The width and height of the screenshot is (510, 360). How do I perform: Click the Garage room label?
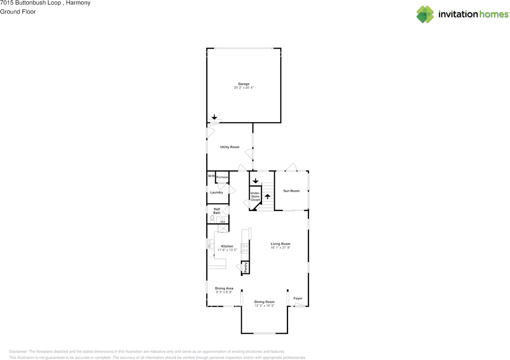(243, 84)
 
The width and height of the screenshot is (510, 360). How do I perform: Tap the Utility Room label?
(230, 147)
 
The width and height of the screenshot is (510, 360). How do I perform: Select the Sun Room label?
(291, 191)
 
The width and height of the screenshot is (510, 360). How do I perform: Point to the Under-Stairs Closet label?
(255, 197)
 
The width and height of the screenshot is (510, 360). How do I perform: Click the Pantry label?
(245, 267)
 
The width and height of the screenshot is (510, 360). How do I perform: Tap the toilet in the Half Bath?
(212, 219)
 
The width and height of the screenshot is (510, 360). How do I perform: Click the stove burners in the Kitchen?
(245, 248)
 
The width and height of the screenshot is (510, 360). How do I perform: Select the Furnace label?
(222, 177)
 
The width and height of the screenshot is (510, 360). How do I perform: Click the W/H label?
(211, 176)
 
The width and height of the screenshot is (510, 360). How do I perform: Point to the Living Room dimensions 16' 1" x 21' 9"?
(280, 248)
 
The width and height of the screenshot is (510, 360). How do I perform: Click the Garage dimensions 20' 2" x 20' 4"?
(243, 87)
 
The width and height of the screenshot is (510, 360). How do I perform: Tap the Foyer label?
(298, 298)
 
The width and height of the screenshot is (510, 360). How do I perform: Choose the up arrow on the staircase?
(267, 197)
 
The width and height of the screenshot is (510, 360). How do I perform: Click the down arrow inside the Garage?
(214, 117)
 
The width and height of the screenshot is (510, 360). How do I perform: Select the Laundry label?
(216, 192)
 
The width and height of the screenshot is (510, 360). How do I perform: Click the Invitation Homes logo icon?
(425, 14)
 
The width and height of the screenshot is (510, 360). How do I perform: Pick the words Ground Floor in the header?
(18, 12)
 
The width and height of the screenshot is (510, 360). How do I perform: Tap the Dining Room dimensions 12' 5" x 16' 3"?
(264, 305)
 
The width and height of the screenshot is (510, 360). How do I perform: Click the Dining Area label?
(224, 288)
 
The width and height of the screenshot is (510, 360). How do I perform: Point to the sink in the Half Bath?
(222, 220)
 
